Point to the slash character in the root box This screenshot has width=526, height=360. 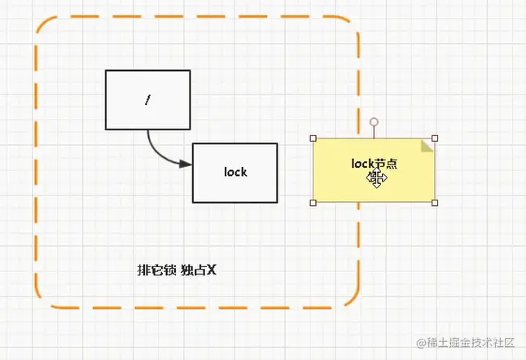147,100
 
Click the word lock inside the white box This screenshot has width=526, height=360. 235,172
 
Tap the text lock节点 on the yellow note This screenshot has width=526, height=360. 374,164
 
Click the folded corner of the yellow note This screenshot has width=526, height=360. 427,145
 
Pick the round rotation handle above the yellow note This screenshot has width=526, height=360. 374,122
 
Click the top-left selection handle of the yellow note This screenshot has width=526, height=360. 313,138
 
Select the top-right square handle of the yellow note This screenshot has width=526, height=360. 435,138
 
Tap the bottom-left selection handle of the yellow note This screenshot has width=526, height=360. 313,203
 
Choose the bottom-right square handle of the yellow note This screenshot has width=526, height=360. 435,203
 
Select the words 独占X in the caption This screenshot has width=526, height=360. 198,270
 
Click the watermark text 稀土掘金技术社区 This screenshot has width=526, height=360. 474,345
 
